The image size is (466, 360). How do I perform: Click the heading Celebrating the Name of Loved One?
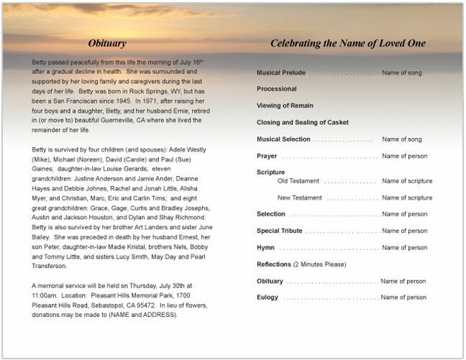(347, 43)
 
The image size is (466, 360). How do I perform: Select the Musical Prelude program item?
(281, 73)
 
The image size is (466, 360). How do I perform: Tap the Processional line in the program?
(276, 89)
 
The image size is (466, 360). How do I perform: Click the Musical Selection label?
(283, 139)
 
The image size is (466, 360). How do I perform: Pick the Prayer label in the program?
(267, 156)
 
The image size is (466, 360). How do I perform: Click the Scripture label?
(270, 172)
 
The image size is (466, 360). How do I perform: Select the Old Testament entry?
(298, 181)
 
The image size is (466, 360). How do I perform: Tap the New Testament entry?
(299, 198)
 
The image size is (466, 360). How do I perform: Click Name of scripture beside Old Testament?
(407, 181)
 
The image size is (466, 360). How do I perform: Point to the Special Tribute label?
(279, 231)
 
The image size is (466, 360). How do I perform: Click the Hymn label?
(265, 247)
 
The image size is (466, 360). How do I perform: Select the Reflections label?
(273, 264)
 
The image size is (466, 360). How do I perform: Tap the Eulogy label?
(267, 297)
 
